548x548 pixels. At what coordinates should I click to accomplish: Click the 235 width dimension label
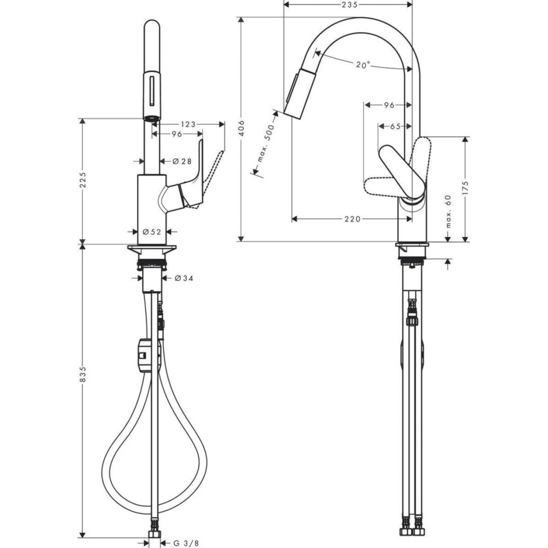pos(349,5)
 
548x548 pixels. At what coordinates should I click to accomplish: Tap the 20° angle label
pos(363,65)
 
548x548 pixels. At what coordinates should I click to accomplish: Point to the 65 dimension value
pos(395,126)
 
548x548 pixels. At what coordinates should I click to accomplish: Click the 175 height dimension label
pos(466,188)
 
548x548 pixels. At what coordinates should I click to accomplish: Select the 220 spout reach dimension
pos(351,219)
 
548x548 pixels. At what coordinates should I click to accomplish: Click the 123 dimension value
pos(189,124)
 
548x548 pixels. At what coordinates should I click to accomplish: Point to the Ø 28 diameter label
pos(181,161)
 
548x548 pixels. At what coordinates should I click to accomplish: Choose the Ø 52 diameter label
pos(152,232)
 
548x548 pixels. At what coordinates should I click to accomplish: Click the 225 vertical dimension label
pos(82,179)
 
